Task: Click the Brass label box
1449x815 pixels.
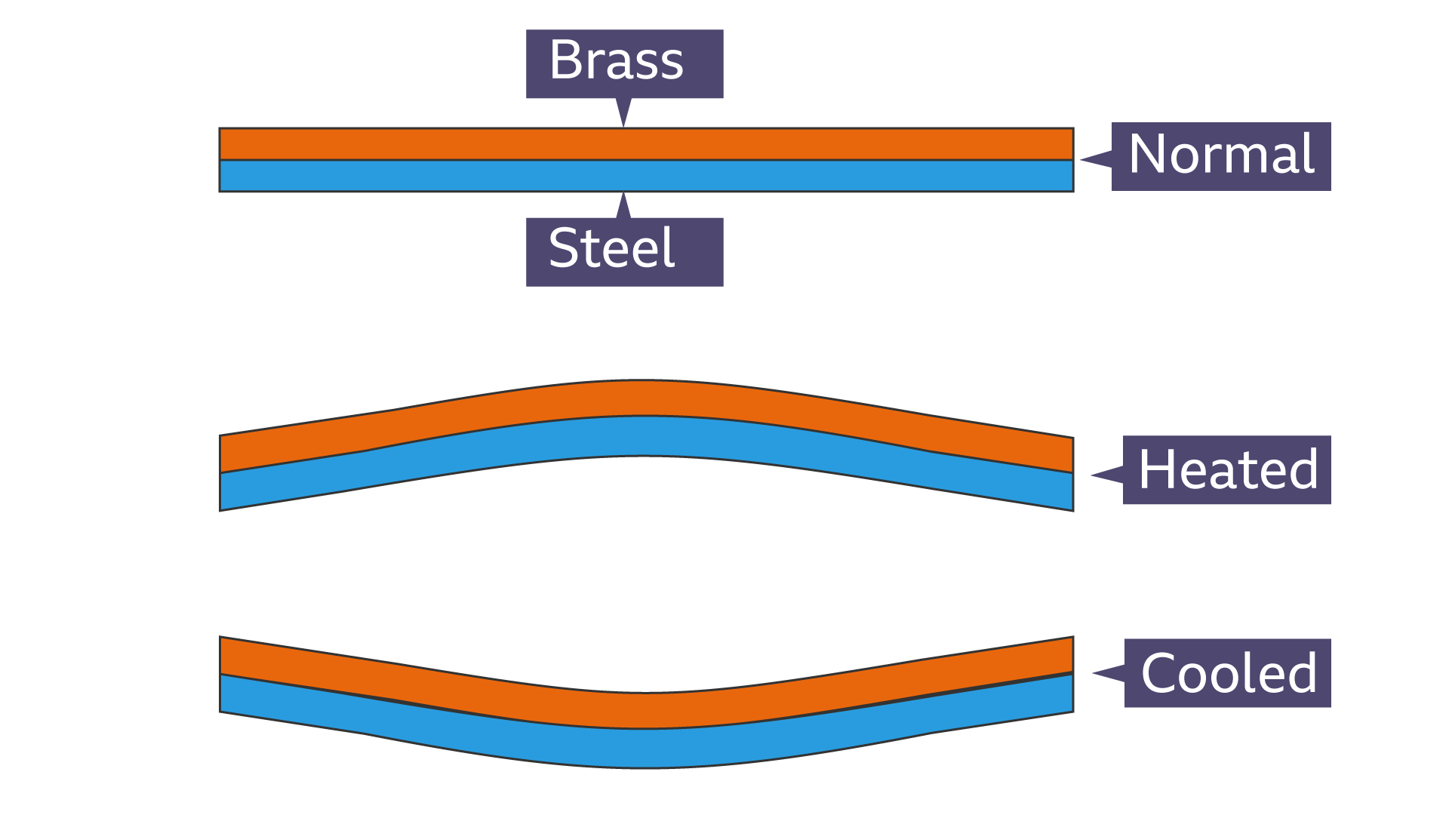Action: point(624,63)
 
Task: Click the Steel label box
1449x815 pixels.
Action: point(624,251)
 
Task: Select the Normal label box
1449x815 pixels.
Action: point(1220,156)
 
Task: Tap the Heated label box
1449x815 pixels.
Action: point(1226,469)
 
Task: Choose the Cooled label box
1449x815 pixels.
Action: point(1227,672)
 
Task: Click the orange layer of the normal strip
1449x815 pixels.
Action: point(645,143)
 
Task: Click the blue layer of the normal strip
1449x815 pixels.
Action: point(645,176)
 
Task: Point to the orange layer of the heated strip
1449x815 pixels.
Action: point(645,398)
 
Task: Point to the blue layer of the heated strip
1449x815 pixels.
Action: point(645,435)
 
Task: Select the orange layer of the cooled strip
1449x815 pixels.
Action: point(645,710)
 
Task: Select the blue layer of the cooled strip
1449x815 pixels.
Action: point(645,749)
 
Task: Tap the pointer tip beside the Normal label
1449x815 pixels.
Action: point(1084,159)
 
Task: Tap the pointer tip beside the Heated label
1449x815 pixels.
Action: point(1095,475)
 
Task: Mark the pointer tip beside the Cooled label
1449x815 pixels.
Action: point(1096,672)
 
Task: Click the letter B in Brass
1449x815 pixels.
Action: point(565,60)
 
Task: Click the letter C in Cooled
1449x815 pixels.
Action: point(1159,672)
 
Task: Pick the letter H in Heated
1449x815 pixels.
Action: point(1155,469)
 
